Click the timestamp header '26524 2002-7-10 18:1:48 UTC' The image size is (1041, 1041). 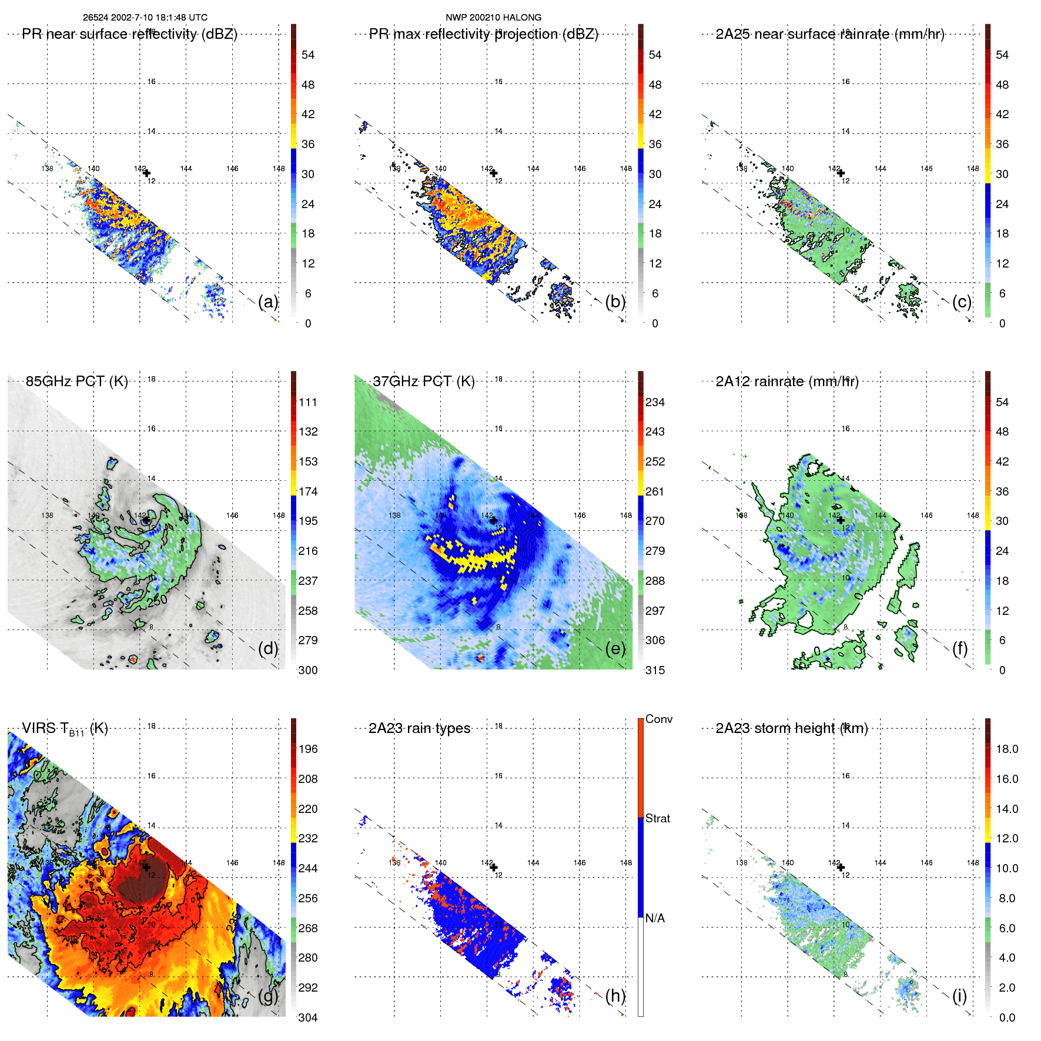click(x=145, y=18)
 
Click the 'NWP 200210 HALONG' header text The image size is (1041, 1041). click(x=493, y=18)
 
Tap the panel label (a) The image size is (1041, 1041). click(x=268, y=302)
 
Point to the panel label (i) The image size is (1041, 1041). click(x=959, y=996)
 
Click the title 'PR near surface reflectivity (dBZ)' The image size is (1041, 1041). click(x=129, y=34)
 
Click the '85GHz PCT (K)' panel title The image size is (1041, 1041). click(x=76, y=381)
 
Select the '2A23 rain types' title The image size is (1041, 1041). click(x=419, y=728)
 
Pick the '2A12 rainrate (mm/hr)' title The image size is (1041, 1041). click(x=787, y=381)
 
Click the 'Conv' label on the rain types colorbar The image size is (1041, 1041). click(x=659, y=719)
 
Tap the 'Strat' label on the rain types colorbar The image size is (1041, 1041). click(x=658, y=818)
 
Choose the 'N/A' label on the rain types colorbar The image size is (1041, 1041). click(x=655, y=918)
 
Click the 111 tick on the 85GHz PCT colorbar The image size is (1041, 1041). click(x=308, y=402)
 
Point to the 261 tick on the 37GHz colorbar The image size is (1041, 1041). click(x=655, y=491)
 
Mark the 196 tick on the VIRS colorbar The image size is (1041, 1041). click(x=308, y=749)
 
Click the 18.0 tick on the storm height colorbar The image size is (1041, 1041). click(x=1007, y=749)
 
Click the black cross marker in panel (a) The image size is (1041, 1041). click(x=146, y=173)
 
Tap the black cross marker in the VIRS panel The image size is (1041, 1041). click(x=146, y=867)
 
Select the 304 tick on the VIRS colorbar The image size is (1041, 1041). click(x=308, y=1017)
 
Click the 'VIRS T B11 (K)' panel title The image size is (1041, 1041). click(x=65, y=729)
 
